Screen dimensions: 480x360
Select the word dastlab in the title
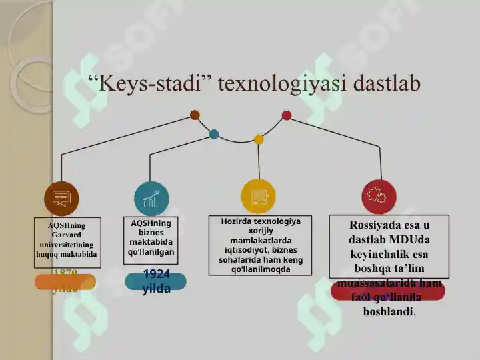click(x=387, y=85)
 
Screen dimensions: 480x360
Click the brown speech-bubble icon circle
click(x=61, y=198)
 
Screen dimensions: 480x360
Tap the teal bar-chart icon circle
click(x=151, y=199)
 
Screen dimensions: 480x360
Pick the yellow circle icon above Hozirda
click(x=258, y=197)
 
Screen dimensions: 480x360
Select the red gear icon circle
click(x=379, y=197)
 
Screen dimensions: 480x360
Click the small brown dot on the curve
click(x=195, y=115)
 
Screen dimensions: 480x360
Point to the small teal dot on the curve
click(x=214, y=134)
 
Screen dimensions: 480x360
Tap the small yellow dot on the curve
click(x=259, y=139)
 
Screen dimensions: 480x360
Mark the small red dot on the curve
click(x=287, y=115)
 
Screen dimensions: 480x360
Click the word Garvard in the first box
click(x=67, y=235)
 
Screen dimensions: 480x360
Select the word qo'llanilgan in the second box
click(x=151, y=252)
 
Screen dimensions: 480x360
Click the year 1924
click(x=156, y=274)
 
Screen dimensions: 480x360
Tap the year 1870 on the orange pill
click(x=65, y=273)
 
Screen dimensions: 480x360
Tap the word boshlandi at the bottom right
click(x=389, y=311)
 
